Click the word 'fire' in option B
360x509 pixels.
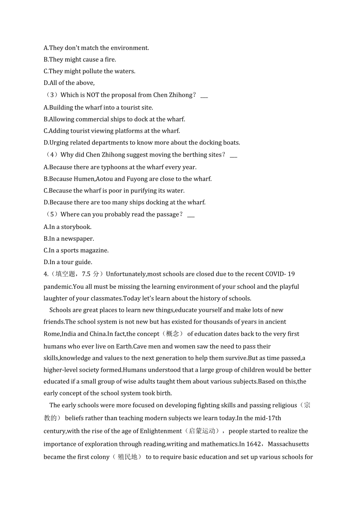coord(110,59)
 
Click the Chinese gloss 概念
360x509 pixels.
coord(172,334)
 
